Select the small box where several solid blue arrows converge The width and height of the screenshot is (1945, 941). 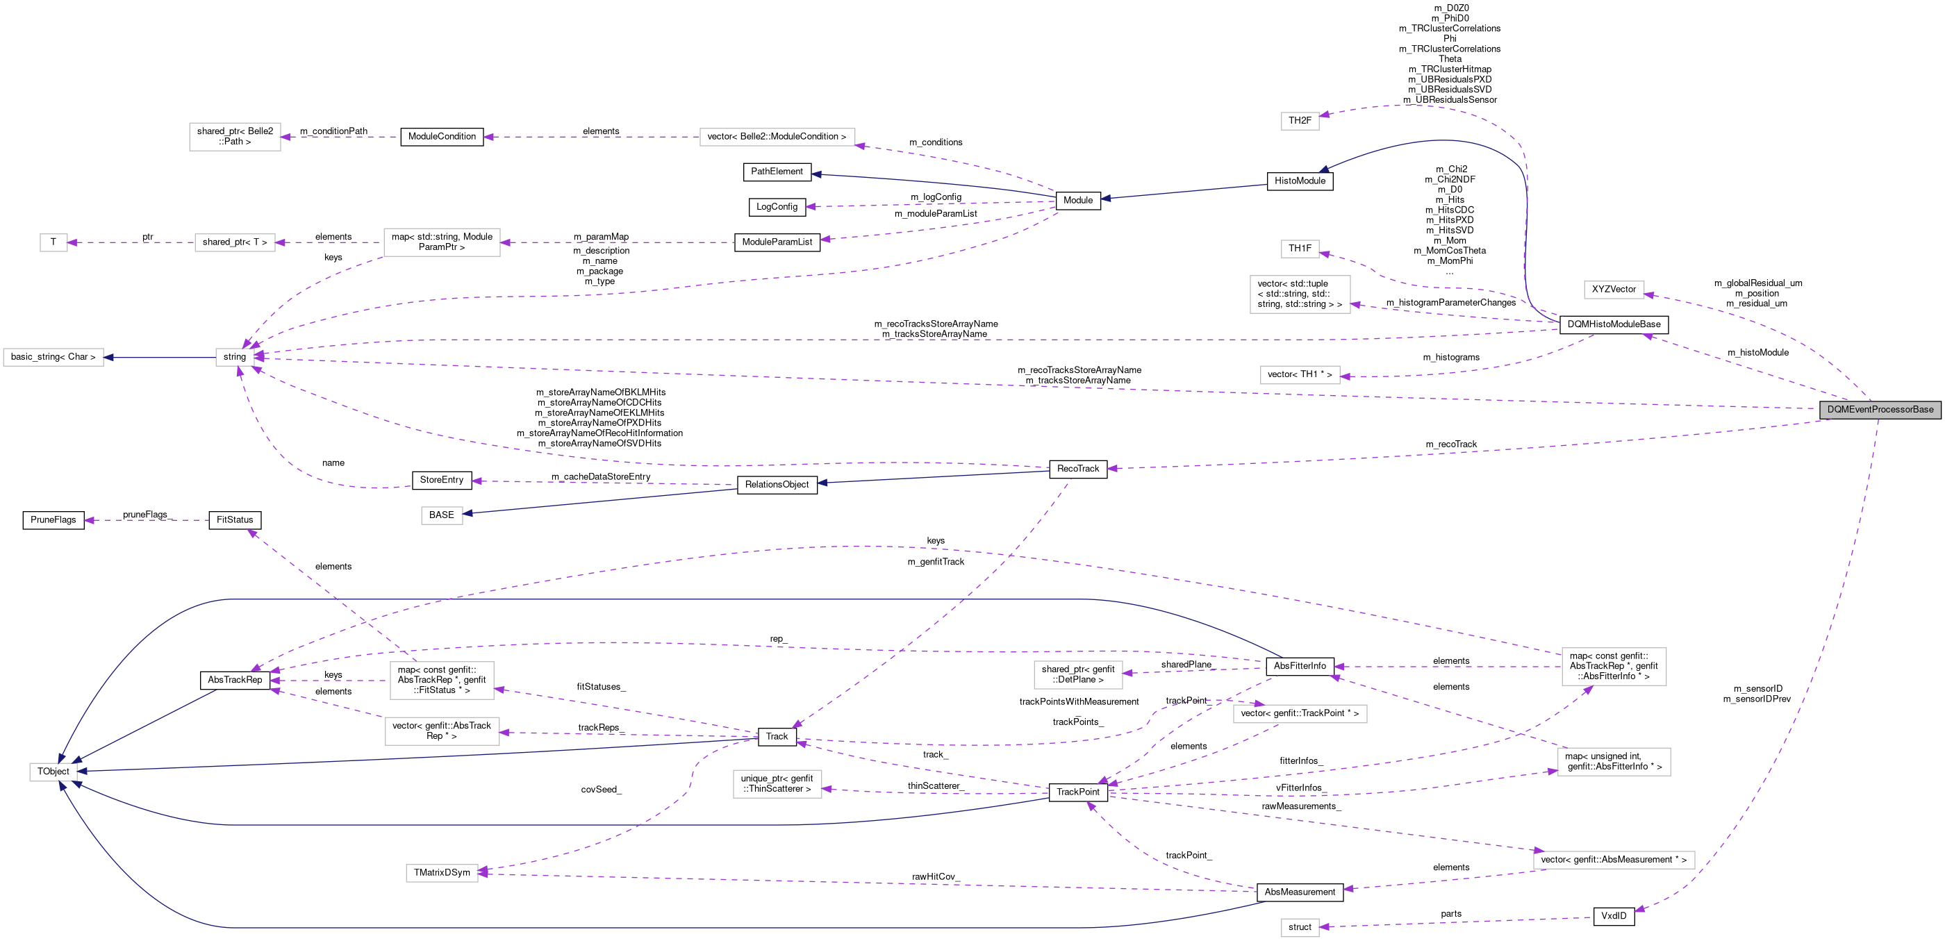coord(53,772)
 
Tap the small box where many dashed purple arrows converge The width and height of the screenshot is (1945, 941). coord(235,357)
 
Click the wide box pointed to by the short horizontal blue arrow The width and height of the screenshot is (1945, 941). coord(53,357)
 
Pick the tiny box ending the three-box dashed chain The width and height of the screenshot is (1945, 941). coord(53,242)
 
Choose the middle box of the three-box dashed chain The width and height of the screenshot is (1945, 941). coord(235,242)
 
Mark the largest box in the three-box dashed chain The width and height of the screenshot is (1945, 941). coord(442,242)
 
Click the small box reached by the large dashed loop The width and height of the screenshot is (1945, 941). coord(1300,121)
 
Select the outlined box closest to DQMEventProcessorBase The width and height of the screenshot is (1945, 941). coord(1614,290)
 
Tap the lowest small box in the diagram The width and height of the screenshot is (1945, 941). coord(1300,927)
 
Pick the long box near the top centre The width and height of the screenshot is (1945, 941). coord(777,137)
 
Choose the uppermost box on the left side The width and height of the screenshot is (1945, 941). coord(235,137)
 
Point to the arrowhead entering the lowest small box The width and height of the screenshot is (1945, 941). coord(1325,926)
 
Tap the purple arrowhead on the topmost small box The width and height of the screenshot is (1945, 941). coord(1325,115)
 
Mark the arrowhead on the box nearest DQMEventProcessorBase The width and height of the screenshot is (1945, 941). coord(1649,294)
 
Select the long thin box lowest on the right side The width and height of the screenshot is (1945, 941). coord(1614,860)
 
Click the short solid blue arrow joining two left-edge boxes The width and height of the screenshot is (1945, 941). coord(159,357)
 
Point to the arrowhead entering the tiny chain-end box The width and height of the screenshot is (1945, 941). coord(72,242)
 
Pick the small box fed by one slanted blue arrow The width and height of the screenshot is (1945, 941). coord(442,515)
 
